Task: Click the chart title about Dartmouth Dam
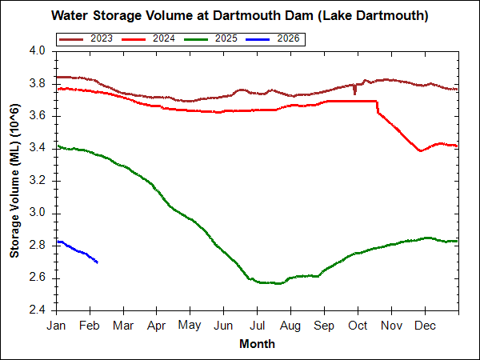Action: pyautogui.click(x=240, y=15)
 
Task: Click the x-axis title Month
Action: pyautogui.click(x=257, y=344)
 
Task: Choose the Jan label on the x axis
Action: pyautogui.click(x=56, y=326)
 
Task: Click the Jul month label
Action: pyautogui.click(x=257, y=326)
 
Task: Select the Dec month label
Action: pyautogui.click(x=425, y=326)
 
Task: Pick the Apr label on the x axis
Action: pyautogui.click(x=157, y=326)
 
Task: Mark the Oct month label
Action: pyautogui.click(x=358, y=326)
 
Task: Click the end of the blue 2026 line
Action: pyautogui.click(x=97, y=262)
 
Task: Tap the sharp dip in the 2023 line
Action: pyautogui.click(x=354, y=93)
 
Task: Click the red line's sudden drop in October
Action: pyautogui.click(x=378, y=107)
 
